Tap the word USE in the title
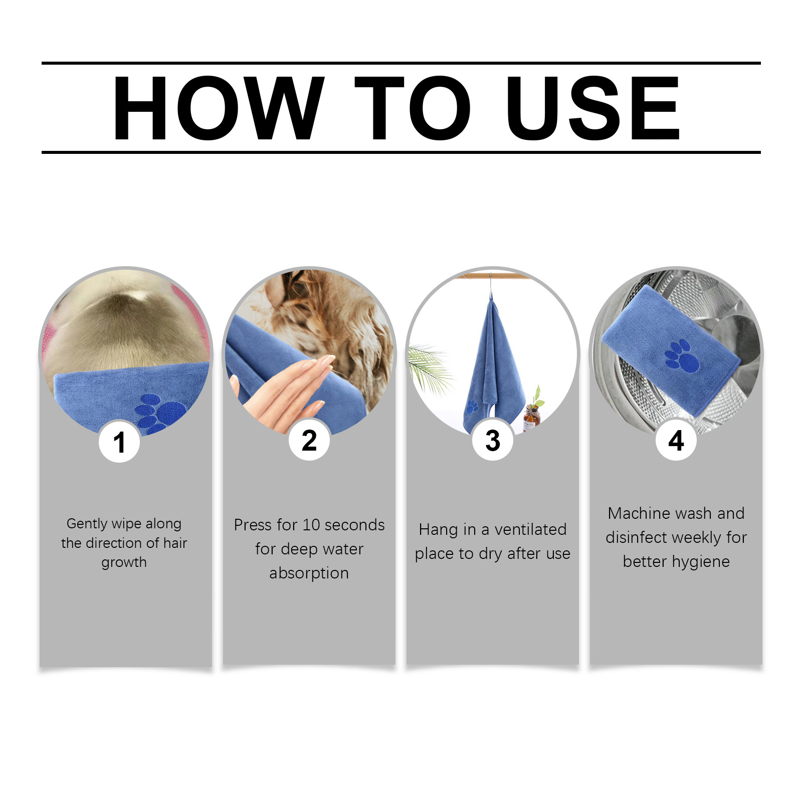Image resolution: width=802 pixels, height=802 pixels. pos(593,108)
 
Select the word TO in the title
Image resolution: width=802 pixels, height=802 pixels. pos(413,108)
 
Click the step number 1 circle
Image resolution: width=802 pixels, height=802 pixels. pos(119,442)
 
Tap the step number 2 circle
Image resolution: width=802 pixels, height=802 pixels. pos(309,440)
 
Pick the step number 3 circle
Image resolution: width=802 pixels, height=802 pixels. pos(493,440)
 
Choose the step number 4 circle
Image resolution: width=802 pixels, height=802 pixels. pos(676,440)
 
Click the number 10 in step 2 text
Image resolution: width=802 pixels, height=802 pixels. pos(311,525)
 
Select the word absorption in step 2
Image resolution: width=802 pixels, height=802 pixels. pos(309,573)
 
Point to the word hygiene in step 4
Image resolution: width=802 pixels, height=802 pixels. pos(701,562)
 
